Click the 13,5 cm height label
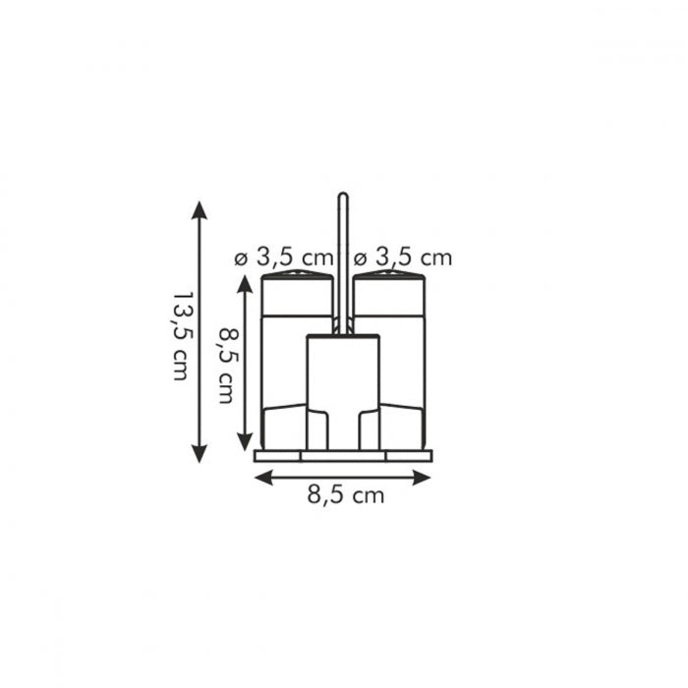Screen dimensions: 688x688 pyautogui.click(x=180, y=334)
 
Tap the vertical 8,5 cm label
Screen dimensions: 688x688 pyautogui.click(x=227, y=365)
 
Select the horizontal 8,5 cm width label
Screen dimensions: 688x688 pyautogui.click(x=345, y=495)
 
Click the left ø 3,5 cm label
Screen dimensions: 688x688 pyautogui.click(x=282, y=258)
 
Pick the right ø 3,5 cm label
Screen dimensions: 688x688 pyautogui.click(x=402, y=258)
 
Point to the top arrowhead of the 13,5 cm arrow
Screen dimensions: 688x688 pyautogui.click(x=200, y=208)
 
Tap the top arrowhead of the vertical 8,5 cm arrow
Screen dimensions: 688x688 pyautogui.click(x=245, y=283)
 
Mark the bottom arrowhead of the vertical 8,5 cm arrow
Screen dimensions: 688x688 pyautogui.click(x=245, y=443)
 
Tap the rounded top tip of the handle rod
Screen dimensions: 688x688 pyautogui.click(x=343, y=196)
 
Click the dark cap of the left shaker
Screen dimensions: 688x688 pyautogui.click(x=297, y=291)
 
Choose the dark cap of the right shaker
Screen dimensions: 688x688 pyautogui.click(x=389, y=291)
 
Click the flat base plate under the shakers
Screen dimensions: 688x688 pyautogui.click(x=343, y=456)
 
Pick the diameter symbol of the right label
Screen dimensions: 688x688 pyautogui.click(x=360, y=258)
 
